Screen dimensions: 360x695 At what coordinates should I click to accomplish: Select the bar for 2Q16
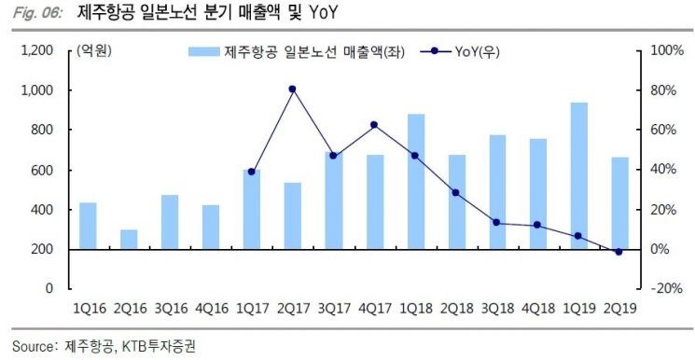coord(129,239)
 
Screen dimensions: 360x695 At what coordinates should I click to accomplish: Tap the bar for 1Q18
coord(415,181)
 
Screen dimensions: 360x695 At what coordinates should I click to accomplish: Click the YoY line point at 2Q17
coord(292,89)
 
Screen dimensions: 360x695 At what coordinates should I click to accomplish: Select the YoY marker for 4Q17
coord(374,124)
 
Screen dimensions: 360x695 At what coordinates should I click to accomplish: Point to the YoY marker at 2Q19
coord(619,252)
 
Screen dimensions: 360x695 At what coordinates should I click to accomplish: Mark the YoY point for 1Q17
coord(252,172)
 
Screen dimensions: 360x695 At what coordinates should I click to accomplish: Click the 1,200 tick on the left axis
coord(36,50)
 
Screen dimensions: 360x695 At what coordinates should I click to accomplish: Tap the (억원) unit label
coord(93,51)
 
